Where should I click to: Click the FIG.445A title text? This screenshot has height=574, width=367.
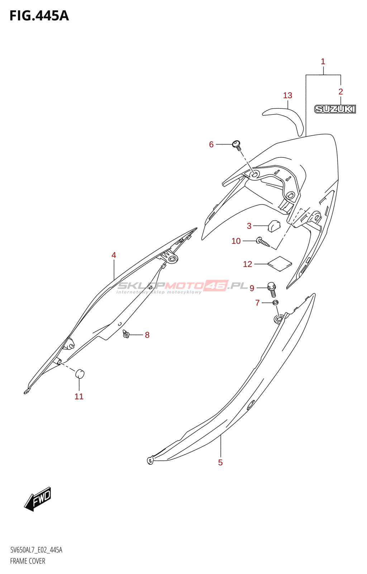coord(39,16)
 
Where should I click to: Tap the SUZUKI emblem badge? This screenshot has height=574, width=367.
coord(335,109)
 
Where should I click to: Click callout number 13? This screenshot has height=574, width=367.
coord(287,95)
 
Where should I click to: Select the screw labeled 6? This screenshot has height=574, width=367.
coord(237,145)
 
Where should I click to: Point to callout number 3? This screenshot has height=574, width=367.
coord(249,226)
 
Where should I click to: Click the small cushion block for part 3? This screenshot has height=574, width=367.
coord(274,226)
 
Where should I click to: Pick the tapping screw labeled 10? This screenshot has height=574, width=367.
coord(263,242)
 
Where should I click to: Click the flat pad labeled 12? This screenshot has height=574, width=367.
coord(280,264)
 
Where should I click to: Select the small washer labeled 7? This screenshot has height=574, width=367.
coord(275,303)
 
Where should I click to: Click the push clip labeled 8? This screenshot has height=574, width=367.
coord(126,335)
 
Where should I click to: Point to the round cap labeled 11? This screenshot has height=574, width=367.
coord(80,374)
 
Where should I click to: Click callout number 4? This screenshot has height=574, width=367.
coord(114,255)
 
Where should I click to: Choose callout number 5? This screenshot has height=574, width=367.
coord(220,462)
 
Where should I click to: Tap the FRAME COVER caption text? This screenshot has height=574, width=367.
coord(28,561)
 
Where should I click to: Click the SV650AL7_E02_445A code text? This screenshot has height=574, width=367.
coord(36,550)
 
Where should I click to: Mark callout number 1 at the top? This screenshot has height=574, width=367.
coord(323,62)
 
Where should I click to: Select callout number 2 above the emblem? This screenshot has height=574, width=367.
coord(340,92)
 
